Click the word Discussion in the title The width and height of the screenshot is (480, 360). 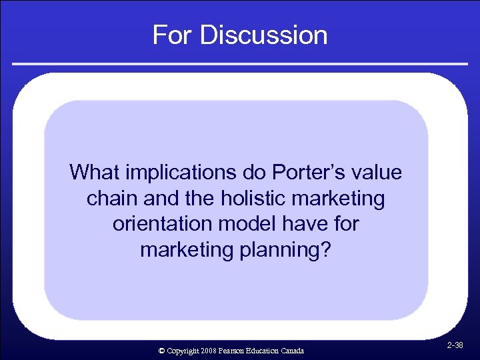(263, 35)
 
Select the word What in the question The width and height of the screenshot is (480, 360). (93, 173)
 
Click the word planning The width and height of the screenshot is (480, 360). (270, 250)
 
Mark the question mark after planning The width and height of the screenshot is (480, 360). (325, 250)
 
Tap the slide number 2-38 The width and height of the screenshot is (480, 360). (456, 345)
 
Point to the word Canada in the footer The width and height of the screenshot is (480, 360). (292, 351)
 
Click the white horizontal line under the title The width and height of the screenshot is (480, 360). (239, 64)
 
